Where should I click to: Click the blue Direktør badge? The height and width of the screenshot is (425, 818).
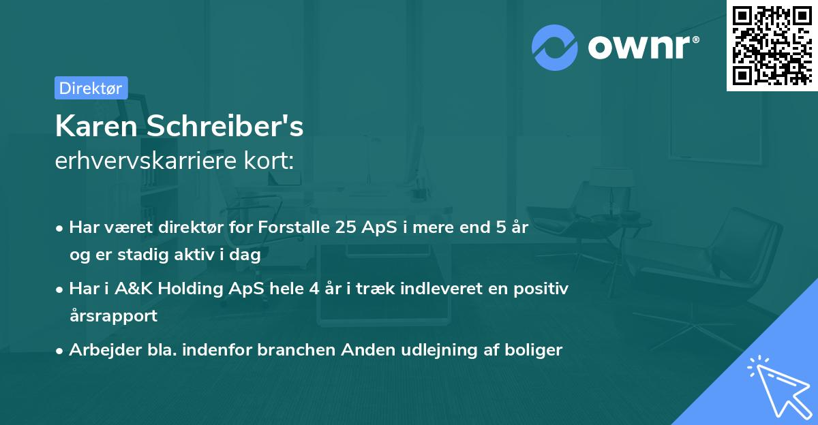(91, 88)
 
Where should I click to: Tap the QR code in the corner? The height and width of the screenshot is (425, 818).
(772, 46)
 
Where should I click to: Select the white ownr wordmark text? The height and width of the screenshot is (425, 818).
(642, 47)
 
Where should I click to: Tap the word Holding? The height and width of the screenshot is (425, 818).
(191, 289)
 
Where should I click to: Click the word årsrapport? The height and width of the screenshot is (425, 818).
(113, 315)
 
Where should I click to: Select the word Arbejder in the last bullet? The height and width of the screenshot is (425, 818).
(100, 350)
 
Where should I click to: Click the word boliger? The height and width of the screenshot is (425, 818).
(536, 350)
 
